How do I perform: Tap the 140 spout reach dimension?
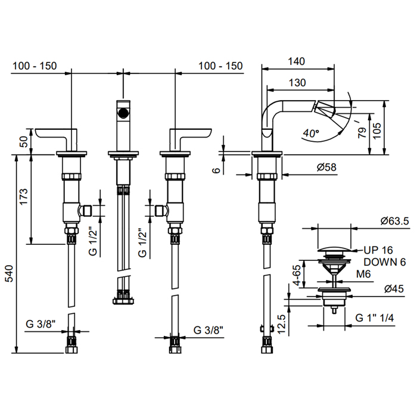point(296,61)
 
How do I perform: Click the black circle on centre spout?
point(122,113)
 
